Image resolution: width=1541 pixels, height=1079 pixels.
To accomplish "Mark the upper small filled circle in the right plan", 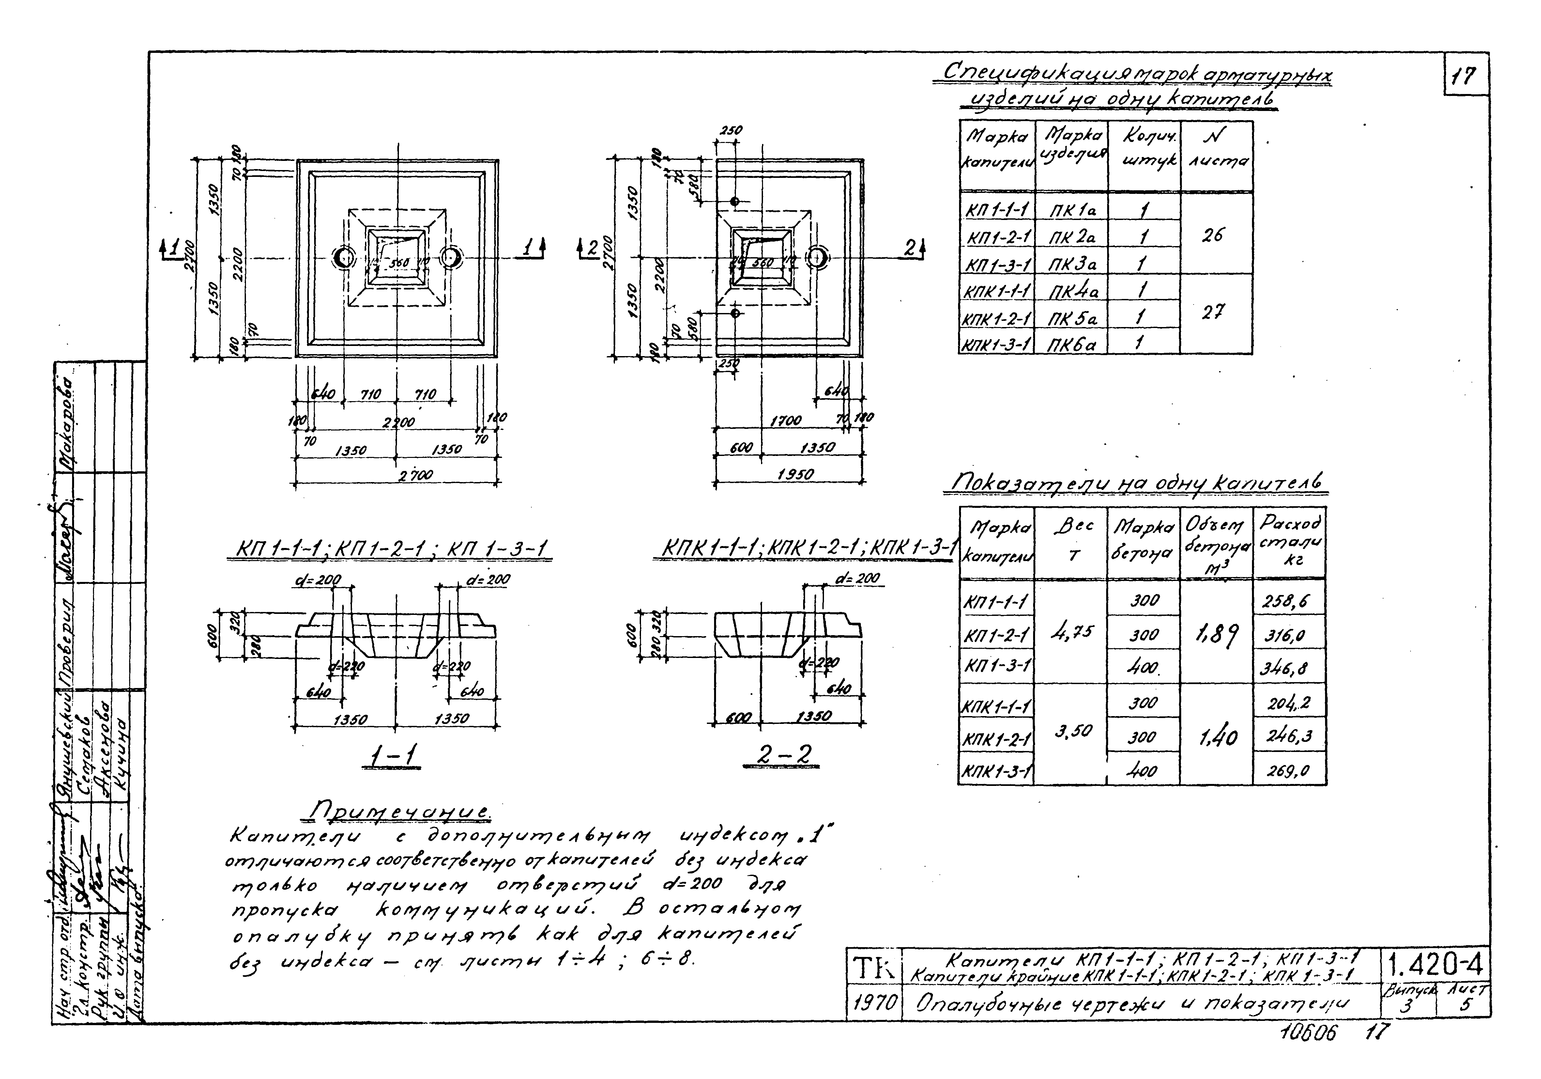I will [x=735, y=201].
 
